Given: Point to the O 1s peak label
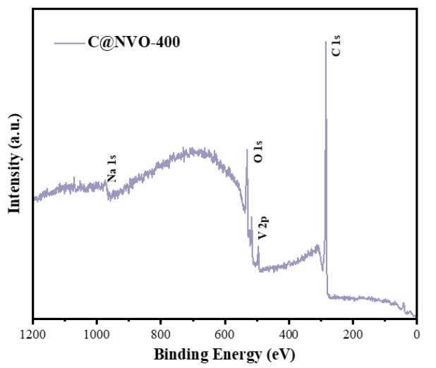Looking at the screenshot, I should point(259,152).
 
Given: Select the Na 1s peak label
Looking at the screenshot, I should point(111,168).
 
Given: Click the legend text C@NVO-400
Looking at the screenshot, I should point(134,42).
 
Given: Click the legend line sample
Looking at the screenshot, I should point(68,43).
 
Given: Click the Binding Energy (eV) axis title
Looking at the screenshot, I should point(224,353).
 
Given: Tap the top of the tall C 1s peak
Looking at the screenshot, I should point(326,42).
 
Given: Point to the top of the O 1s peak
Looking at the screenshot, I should point(247,149).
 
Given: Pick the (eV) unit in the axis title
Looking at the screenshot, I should point(280,353).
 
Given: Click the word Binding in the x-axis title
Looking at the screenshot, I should point(179,353).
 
